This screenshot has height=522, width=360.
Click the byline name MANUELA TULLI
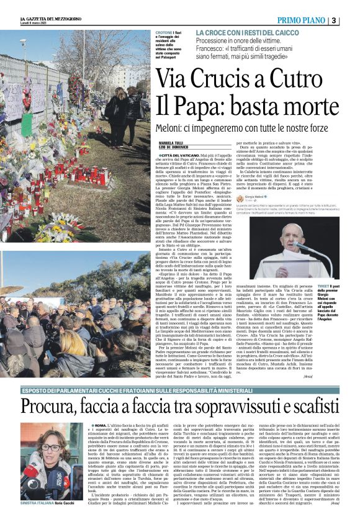[171, 142]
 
